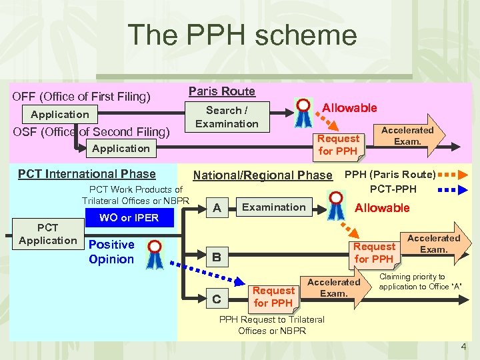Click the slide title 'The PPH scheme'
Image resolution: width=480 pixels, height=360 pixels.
[x=242, y=35]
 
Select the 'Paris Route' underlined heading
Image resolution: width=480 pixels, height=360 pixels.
[x=222, y=91]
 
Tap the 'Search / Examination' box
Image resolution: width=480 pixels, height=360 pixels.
[x=227, y=117]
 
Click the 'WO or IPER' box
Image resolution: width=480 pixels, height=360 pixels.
[x=129, y=218]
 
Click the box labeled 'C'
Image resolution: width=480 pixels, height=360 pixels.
[x=217, y=299]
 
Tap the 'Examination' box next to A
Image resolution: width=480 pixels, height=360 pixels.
[x=273, y=207]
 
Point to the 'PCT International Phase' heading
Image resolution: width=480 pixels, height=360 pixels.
[x=87, y=174]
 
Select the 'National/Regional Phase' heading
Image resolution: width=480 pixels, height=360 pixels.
[x=262, y=175]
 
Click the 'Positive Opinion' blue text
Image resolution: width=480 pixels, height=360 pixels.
[x=111, y=252]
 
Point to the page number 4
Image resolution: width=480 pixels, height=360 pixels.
[x=463, y=347]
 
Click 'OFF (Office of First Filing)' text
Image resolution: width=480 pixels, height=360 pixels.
[x=81, y=97]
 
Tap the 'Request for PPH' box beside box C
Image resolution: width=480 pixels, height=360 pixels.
[x=273, y=297]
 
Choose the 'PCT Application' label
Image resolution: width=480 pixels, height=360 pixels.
[x=48, y=234]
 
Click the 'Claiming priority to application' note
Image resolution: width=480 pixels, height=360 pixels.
[x=420, y=281]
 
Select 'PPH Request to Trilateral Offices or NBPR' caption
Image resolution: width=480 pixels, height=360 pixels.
[x=271, y=325]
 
